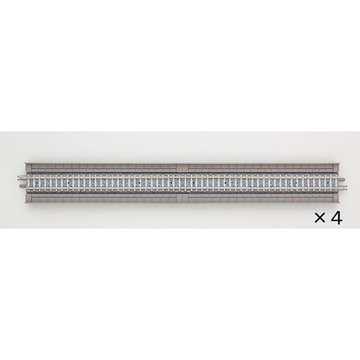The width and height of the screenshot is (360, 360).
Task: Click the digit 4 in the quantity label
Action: click(337, 218)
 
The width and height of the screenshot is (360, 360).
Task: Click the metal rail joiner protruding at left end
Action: click(21, 177)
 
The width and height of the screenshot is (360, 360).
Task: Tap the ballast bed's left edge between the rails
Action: click(27, 182)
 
